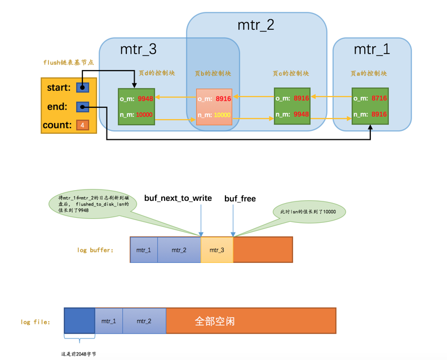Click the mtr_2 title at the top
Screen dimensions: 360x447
click(256, 25)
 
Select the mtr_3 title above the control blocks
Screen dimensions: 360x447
click(138, 49)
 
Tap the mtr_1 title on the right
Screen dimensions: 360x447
click(372, 49)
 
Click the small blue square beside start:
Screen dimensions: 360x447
click(83, 87)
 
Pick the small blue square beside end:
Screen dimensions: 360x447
click(83, 107)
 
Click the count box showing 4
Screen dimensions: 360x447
click(83, 125)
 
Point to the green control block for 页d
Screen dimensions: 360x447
click(136, 107)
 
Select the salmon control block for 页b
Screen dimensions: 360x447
click(214, 107)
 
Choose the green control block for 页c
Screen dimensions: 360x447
click(292, 107)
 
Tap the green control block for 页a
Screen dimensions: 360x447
click(370, 107)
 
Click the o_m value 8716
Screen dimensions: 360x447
click(379, 99)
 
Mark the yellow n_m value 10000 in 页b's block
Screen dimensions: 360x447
click(223, 115)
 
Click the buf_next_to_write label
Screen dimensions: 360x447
click(178, 198)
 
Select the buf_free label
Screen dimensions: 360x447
click(240, 199)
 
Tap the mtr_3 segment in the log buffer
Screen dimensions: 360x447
click(217, 250)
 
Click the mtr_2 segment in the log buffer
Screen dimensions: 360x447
click(179, 250)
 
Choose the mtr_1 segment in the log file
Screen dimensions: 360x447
click(109, 321)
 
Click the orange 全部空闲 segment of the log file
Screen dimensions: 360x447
click(251, 321)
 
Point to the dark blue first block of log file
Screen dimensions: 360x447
click(79, 321)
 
